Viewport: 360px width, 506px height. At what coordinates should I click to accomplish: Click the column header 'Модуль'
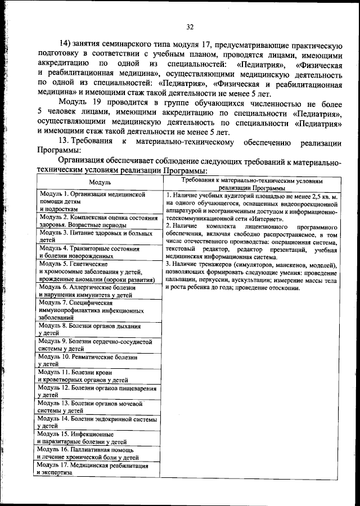(x=100, y=182)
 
